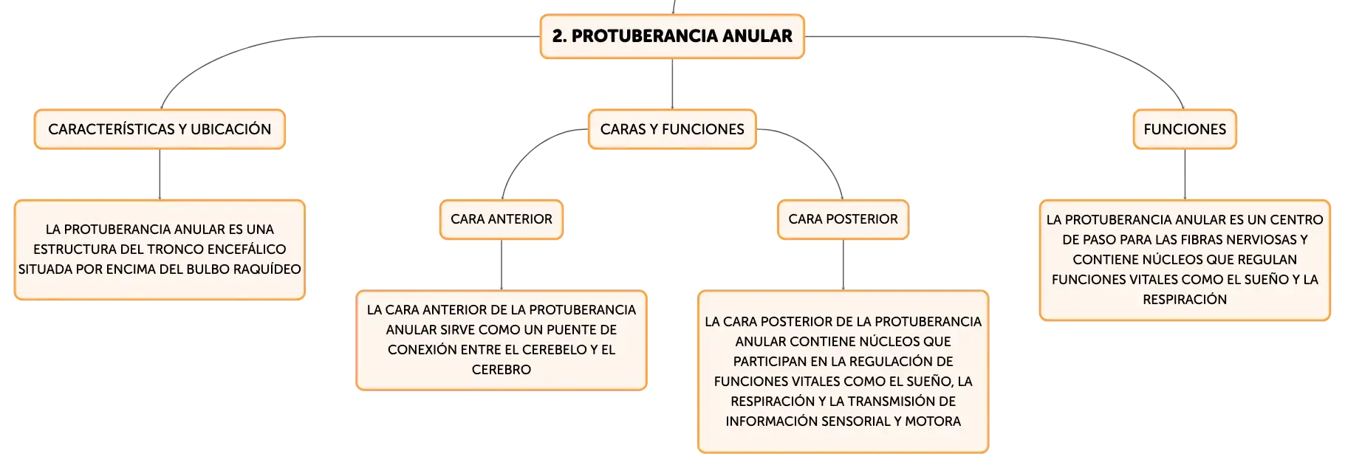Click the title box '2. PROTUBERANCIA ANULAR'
[672, 36]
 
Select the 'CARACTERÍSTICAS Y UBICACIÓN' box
[160, 129]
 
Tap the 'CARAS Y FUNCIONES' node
[672, 129]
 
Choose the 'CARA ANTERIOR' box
[502, 219]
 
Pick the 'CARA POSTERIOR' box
[843, 219]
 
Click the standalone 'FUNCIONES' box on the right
[1185, 129]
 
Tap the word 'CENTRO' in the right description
[1296, 220]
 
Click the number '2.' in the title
[560, 36]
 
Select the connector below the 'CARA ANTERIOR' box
[502, 265]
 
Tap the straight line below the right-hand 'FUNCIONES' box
[1185, 174]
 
